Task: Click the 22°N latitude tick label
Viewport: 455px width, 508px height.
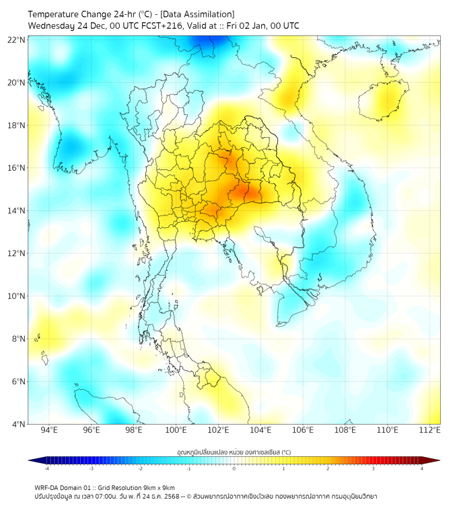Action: coord(16,40)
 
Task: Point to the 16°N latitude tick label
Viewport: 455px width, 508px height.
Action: coord(16,168)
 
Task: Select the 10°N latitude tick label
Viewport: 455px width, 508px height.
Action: coord(16,296)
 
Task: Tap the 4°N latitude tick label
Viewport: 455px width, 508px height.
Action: coord(17,424)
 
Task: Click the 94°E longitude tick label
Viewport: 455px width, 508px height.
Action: coord(49,431)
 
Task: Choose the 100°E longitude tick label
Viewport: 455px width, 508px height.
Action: coord(176,431)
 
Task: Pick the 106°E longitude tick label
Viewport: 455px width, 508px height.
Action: coord(304,431)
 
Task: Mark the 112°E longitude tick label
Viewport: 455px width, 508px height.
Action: coord(431,431)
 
